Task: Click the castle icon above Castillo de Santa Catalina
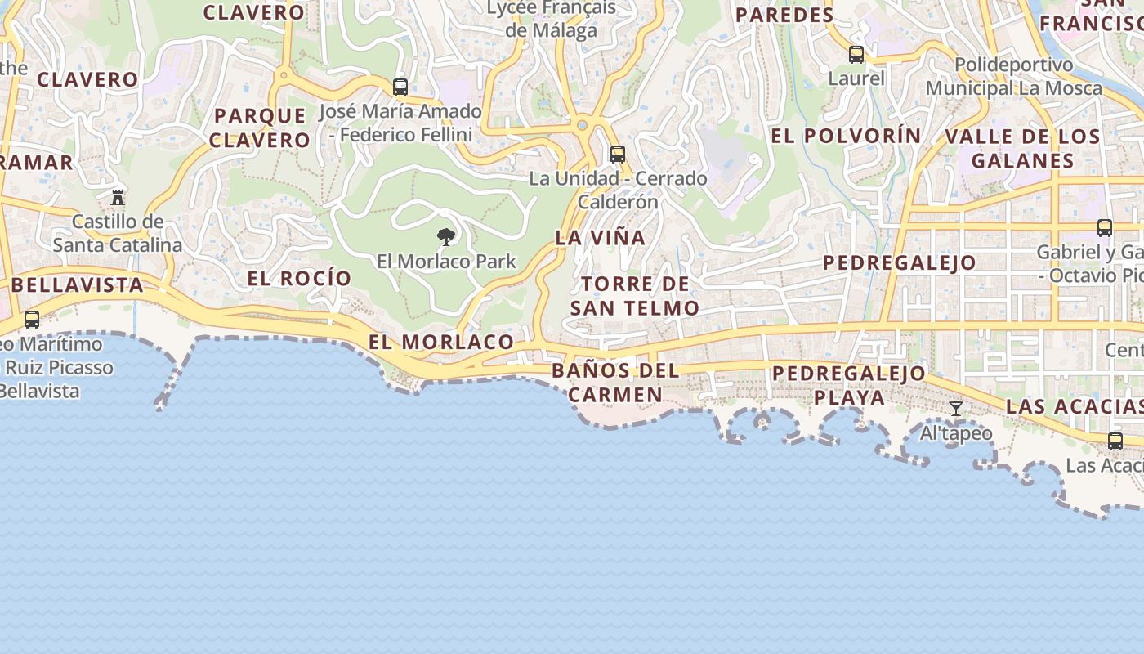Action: click(118, 197)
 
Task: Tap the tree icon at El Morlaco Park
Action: click(446, 237)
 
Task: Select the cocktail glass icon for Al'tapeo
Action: click(956, 408)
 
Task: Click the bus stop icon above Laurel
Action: click(856, 55)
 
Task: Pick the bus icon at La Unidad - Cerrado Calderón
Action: click(618, 154)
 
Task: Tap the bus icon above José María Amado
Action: click(400, 87)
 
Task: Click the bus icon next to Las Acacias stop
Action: click(1115, 441)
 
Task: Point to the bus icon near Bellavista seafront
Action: click(32, 319)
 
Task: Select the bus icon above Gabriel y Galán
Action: click(1105, 227)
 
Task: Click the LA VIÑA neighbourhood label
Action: click(601, 238)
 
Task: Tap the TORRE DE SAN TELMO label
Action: click(635, 296)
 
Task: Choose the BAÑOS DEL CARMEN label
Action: click(615, 383)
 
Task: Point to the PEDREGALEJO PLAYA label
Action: click(849, 386)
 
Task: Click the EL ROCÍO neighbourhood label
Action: click(299, 278)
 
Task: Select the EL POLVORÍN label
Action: click(846, 136)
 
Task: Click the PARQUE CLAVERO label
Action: click(260, 128)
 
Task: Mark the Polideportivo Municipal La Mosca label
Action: click(1013, 76)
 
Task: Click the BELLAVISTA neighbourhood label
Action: click(78, 285)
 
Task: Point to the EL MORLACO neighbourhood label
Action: click(441, 342)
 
